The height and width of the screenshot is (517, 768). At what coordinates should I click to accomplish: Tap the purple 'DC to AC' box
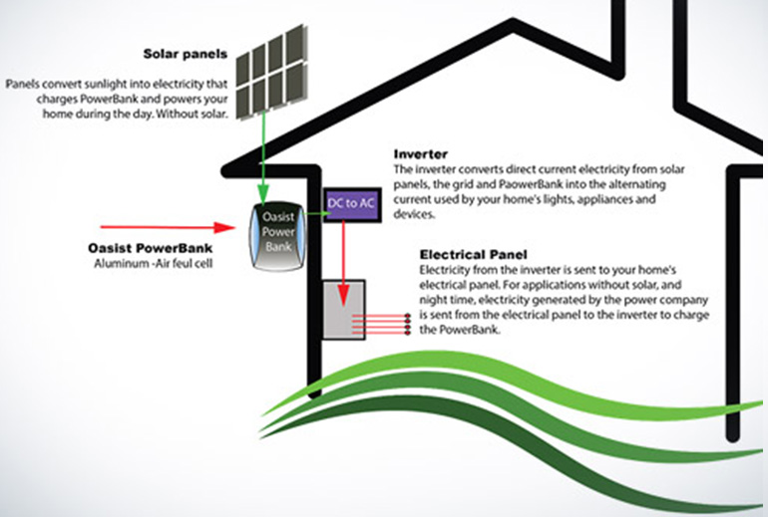(x=352, y=203)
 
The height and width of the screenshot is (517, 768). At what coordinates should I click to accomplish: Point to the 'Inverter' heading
(x=421, y=154)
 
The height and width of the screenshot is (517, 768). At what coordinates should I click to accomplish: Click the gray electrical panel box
(x=343, y=311)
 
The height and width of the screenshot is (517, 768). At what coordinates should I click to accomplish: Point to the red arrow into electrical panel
(x=342, y=259)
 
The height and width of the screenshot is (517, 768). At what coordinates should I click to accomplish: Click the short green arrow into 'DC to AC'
(x=316, y=203)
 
